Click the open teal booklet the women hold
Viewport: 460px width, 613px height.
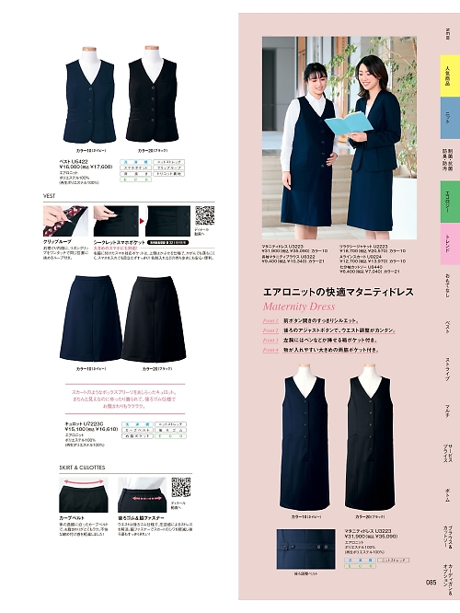click(349, 123)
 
